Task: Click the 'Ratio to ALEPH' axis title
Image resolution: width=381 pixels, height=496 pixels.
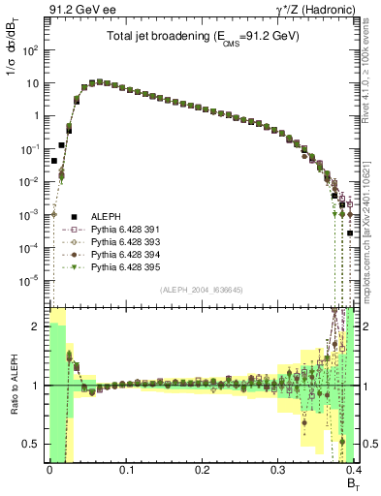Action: point(14,386)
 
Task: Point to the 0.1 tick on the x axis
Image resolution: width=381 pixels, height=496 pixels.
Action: point(126,469)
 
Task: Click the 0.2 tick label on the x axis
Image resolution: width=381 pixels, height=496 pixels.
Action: point(203,469)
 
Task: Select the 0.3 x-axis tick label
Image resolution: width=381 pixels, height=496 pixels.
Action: point(278,469)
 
